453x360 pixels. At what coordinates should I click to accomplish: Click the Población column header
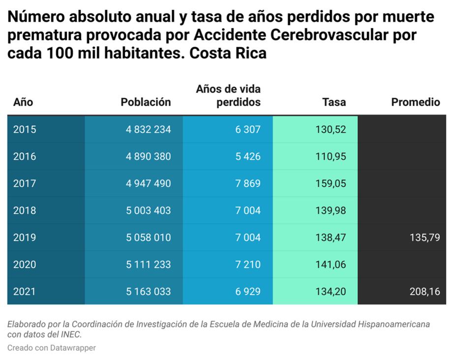(146, 102)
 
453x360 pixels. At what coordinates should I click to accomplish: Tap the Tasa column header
(334, 102)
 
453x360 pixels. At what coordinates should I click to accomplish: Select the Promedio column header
(415, 102)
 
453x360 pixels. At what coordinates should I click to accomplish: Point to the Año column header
(23, 102)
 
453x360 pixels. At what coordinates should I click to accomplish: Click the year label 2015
(25, 130)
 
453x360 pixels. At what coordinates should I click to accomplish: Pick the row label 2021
(25, 292)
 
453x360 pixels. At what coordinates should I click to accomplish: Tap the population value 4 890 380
(148, 157)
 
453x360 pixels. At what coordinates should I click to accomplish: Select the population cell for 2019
(148, 238)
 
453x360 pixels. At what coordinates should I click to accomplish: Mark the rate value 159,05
(331, 183)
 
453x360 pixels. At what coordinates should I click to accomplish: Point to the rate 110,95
(331, 157)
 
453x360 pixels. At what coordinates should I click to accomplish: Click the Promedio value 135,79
(424, 238)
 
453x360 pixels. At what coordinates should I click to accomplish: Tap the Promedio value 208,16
(424, 292)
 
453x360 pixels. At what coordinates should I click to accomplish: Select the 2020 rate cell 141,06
(331, 265)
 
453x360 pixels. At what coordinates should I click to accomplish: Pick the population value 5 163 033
(148, 292)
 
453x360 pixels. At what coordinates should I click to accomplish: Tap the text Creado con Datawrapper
(52, 348)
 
